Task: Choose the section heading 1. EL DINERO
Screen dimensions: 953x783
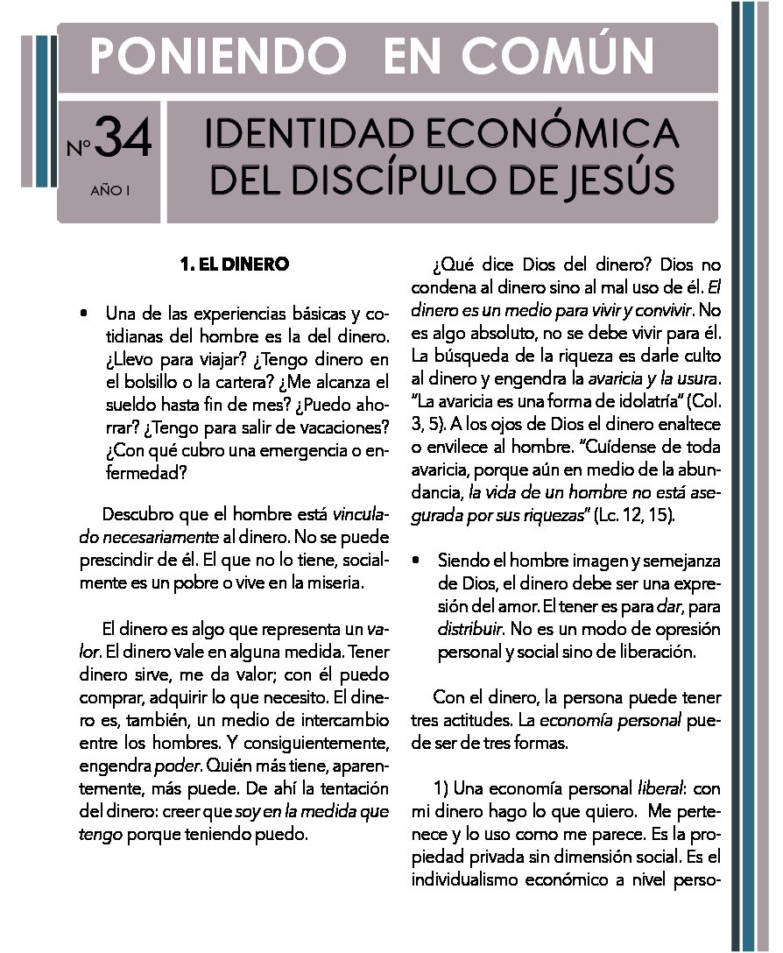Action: (x=233, y=264)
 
